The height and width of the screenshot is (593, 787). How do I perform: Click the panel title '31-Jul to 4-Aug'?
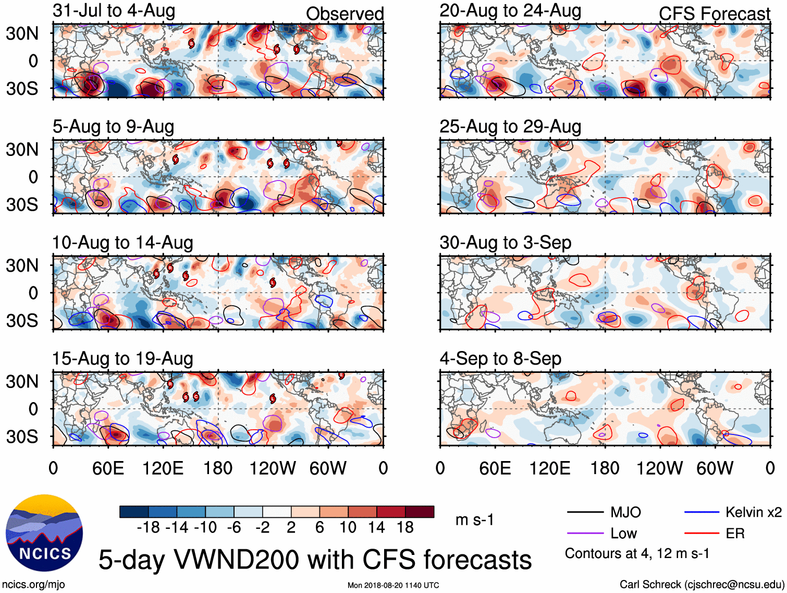click(x=114, y=11)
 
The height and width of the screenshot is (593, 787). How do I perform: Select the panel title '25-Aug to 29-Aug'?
click(x=510, y=127)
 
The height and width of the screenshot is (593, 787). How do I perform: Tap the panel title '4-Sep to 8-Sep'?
click(x=500, y=359)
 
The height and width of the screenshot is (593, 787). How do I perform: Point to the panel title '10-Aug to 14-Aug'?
click(x=122, y=243)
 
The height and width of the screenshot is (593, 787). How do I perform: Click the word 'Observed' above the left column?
click(x=345, y=14)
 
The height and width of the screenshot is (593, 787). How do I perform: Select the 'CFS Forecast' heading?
click(x=714, y=14)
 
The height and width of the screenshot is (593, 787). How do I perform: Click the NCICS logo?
click(x=44, y=533)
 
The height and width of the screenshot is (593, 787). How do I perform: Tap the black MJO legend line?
click(x=585, y=512)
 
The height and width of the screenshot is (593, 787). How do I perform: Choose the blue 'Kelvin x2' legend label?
click(x=753, y=512)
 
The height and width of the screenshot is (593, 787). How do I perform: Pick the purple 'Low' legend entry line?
click(x=585, y=533)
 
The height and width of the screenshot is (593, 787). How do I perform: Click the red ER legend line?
click(x=701, y=533)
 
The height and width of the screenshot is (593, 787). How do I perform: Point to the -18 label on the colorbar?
click(x=148, y=528)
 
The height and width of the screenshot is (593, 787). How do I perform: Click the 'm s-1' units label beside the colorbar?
click(x=474, y=520)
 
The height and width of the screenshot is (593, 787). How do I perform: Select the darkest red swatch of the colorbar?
click(x=420, y=512)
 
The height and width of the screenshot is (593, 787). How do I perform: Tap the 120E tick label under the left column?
click(x=163, y=468)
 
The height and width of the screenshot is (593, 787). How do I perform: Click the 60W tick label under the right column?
click(x=715, y=468)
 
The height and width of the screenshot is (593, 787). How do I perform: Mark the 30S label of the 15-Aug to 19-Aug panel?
click(x=22, y=437)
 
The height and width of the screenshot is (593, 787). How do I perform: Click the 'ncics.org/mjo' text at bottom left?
click(x=33, y=585)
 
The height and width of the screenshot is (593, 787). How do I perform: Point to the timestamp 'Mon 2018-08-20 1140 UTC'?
click(x=393, y=585)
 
